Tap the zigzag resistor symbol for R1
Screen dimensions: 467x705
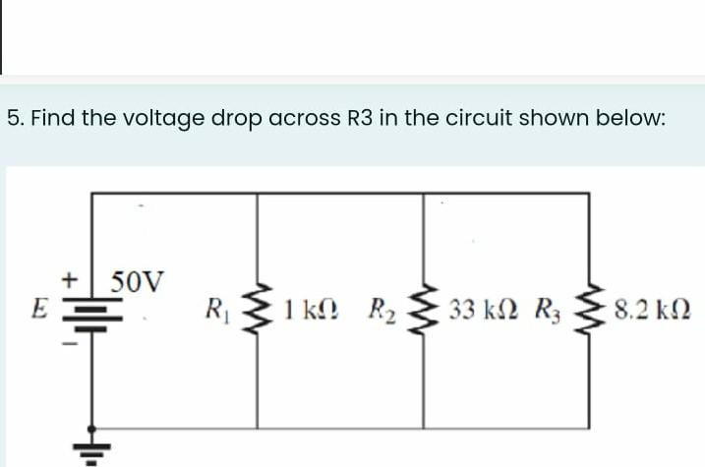coord(258,311)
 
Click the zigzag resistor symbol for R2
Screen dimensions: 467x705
coord(424,311)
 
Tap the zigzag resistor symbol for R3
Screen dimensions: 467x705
coord(590,311)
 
